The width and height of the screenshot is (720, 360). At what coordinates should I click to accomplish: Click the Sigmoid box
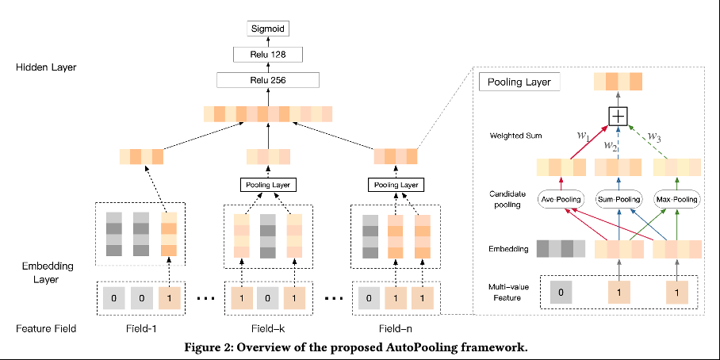coord(266,29)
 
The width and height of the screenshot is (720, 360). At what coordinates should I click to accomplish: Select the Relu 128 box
coord(267,55)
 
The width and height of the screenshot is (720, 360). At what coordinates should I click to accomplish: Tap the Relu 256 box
coord(267,80)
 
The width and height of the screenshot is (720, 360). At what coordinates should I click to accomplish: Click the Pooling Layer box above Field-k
coord(267,185)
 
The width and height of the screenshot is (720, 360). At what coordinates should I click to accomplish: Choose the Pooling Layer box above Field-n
coord(396,185)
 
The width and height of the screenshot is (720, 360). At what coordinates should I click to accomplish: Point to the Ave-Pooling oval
coord(561,199)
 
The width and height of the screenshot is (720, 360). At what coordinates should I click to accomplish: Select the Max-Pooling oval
coord(677,199)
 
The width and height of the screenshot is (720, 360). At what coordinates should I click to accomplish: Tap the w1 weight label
coord(583,136)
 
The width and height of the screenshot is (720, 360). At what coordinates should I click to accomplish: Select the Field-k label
coord(267,329)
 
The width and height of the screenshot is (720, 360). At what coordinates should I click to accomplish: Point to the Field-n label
coord(396,329)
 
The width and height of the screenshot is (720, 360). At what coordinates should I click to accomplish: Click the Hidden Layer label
coord(46,67)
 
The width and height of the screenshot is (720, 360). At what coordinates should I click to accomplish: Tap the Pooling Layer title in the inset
coord(519,82)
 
